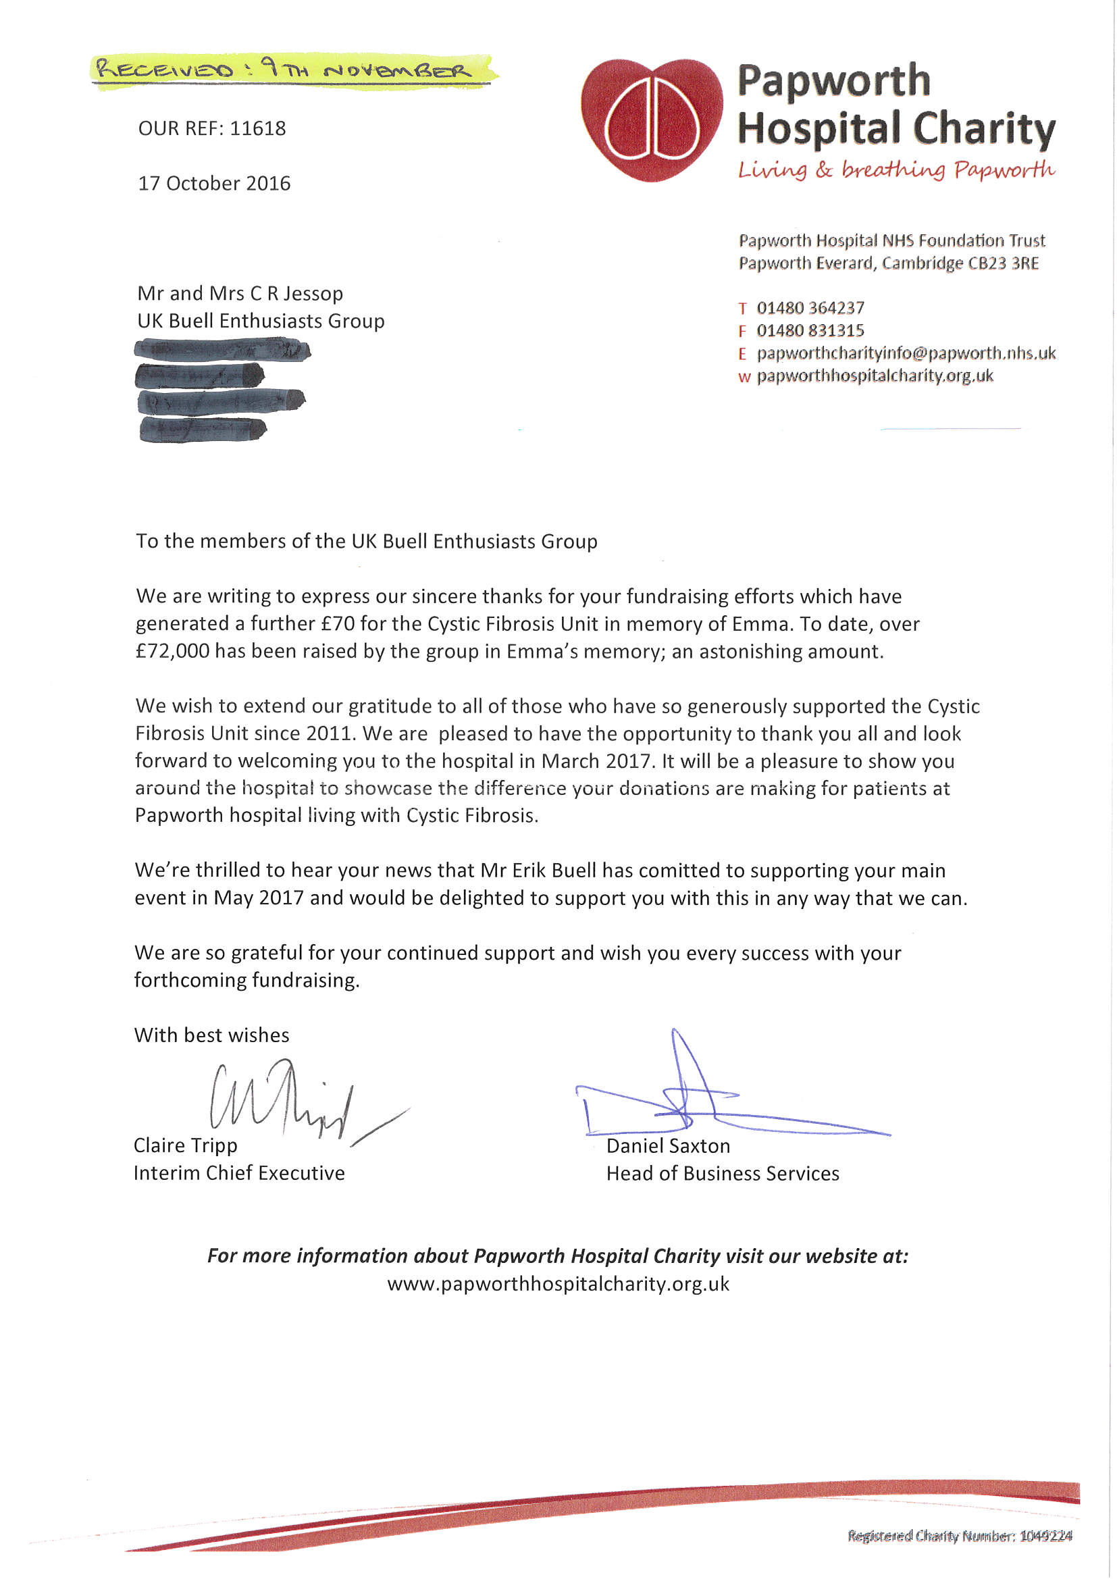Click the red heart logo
651,120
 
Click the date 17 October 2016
214,184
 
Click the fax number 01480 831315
810,331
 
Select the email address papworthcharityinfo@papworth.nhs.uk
906,353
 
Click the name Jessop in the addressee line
313,294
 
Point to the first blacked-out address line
222,351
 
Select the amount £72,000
173,651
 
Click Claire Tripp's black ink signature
289,1100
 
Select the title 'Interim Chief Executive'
238,1173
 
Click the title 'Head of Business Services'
722,1174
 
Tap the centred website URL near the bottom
558,1284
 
